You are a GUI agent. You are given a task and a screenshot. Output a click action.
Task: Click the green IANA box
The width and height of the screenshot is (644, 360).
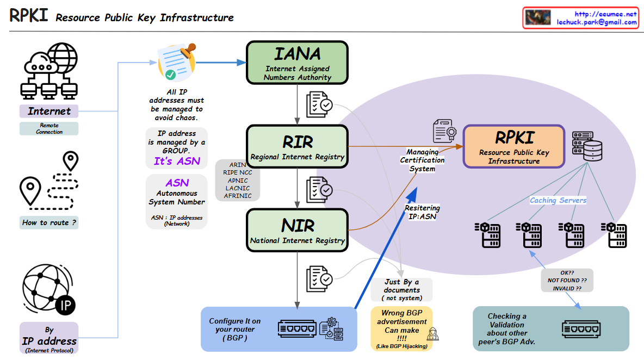[x=297, y=63]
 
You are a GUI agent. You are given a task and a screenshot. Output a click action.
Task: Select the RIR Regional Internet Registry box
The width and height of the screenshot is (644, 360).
[x=297, y=146]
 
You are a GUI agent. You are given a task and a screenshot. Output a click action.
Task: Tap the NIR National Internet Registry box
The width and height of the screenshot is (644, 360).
[x=297, y=229]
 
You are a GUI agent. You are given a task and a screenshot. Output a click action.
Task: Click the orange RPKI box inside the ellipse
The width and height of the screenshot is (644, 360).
[x=513, y=146]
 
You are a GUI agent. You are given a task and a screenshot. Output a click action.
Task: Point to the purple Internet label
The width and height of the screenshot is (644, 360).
[x=49, y=111]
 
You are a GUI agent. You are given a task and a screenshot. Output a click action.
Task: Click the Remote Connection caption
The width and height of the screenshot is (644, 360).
[x=49, y=128]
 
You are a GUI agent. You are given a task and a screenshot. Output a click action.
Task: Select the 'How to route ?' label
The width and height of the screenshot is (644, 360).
[x=49, y=222]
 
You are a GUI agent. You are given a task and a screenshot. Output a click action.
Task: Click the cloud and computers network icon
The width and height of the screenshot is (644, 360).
[x=49, y=71]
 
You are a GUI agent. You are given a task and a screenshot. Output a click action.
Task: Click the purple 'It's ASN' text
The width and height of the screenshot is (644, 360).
[x=177, y=161]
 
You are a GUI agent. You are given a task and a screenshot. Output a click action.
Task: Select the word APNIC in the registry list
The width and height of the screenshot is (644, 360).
[x=238, y=180]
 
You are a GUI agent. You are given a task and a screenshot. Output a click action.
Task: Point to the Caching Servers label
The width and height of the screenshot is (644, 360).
[x=558, y=200]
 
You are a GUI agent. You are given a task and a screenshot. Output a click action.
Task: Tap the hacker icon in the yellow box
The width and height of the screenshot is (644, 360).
[x=432, y=334]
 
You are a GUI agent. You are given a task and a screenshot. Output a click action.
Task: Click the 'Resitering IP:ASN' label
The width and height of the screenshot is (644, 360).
[x=422, y=212]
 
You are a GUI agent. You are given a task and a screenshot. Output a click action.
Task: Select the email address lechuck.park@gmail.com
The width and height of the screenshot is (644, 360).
[x=596, y=22]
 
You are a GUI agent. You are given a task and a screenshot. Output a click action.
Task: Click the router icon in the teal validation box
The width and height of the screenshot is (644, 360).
[x=581, y=329]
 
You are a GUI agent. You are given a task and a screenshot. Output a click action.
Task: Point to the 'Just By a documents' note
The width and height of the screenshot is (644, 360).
[x=402, y=290]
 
